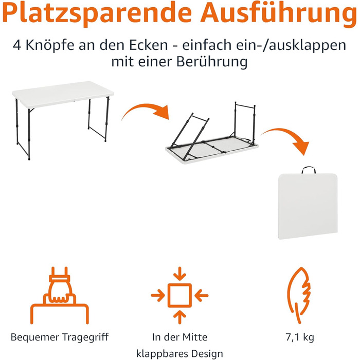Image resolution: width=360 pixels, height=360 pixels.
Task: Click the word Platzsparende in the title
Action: [x=97, y=14]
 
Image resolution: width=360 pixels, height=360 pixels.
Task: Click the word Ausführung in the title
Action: [x=279, y=13]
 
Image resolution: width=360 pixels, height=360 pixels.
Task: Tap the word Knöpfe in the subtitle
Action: [x=50, y=45]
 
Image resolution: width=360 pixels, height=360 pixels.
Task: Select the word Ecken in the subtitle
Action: [x=149, y=45]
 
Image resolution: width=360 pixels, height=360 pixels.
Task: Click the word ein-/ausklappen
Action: [x=264, y=45]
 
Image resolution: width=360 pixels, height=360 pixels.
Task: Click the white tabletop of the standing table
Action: [x=63, y=94]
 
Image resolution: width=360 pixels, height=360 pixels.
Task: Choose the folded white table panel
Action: [x=308, y=206]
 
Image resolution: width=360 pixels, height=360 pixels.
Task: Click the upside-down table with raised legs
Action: [x=212, y=134]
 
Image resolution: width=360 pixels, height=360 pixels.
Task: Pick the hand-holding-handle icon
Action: [x=60, y=295]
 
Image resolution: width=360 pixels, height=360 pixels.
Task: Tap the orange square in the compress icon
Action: [x=179, y=295]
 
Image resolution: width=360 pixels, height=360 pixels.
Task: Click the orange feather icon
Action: [x=299, y=295]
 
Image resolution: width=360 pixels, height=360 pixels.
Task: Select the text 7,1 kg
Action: [x=300, y=337]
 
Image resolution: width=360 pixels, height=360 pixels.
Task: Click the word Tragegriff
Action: [x=85, y=337]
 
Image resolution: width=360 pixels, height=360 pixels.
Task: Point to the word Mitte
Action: [x=195, y=337]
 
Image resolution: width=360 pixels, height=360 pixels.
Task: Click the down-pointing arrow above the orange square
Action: [x=179, y=274]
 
